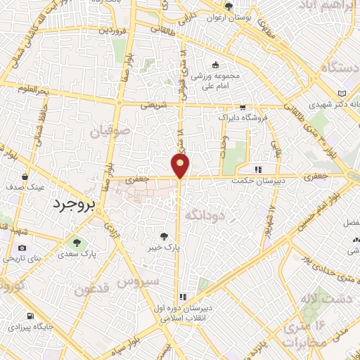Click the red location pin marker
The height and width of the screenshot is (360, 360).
tap(181, 166)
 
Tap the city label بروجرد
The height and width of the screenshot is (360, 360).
tap(73, 204)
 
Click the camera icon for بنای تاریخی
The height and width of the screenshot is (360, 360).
tap(22, 247)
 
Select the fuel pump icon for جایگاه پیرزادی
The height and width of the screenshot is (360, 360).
tap(30, 316)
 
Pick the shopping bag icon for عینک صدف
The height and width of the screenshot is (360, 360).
tap(25, 177)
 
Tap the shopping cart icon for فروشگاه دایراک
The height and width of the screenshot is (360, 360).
tap(243, 108)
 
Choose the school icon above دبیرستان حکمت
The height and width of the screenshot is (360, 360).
tap(259, 169)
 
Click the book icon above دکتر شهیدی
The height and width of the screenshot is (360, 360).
tap(342, 94)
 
